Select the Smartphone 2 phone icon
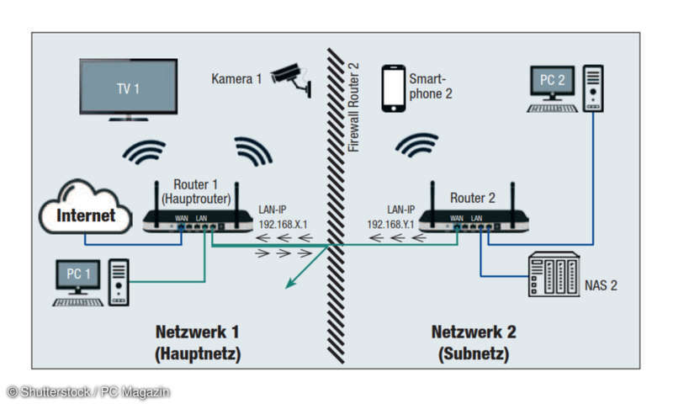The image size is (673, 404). (392, 88)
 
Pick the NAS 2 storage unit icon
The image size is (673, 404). (554, 274)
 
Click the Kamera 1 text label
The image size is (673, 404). (236, 78)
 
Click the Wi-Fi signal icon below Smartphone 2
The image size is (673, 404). (416, 145)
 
